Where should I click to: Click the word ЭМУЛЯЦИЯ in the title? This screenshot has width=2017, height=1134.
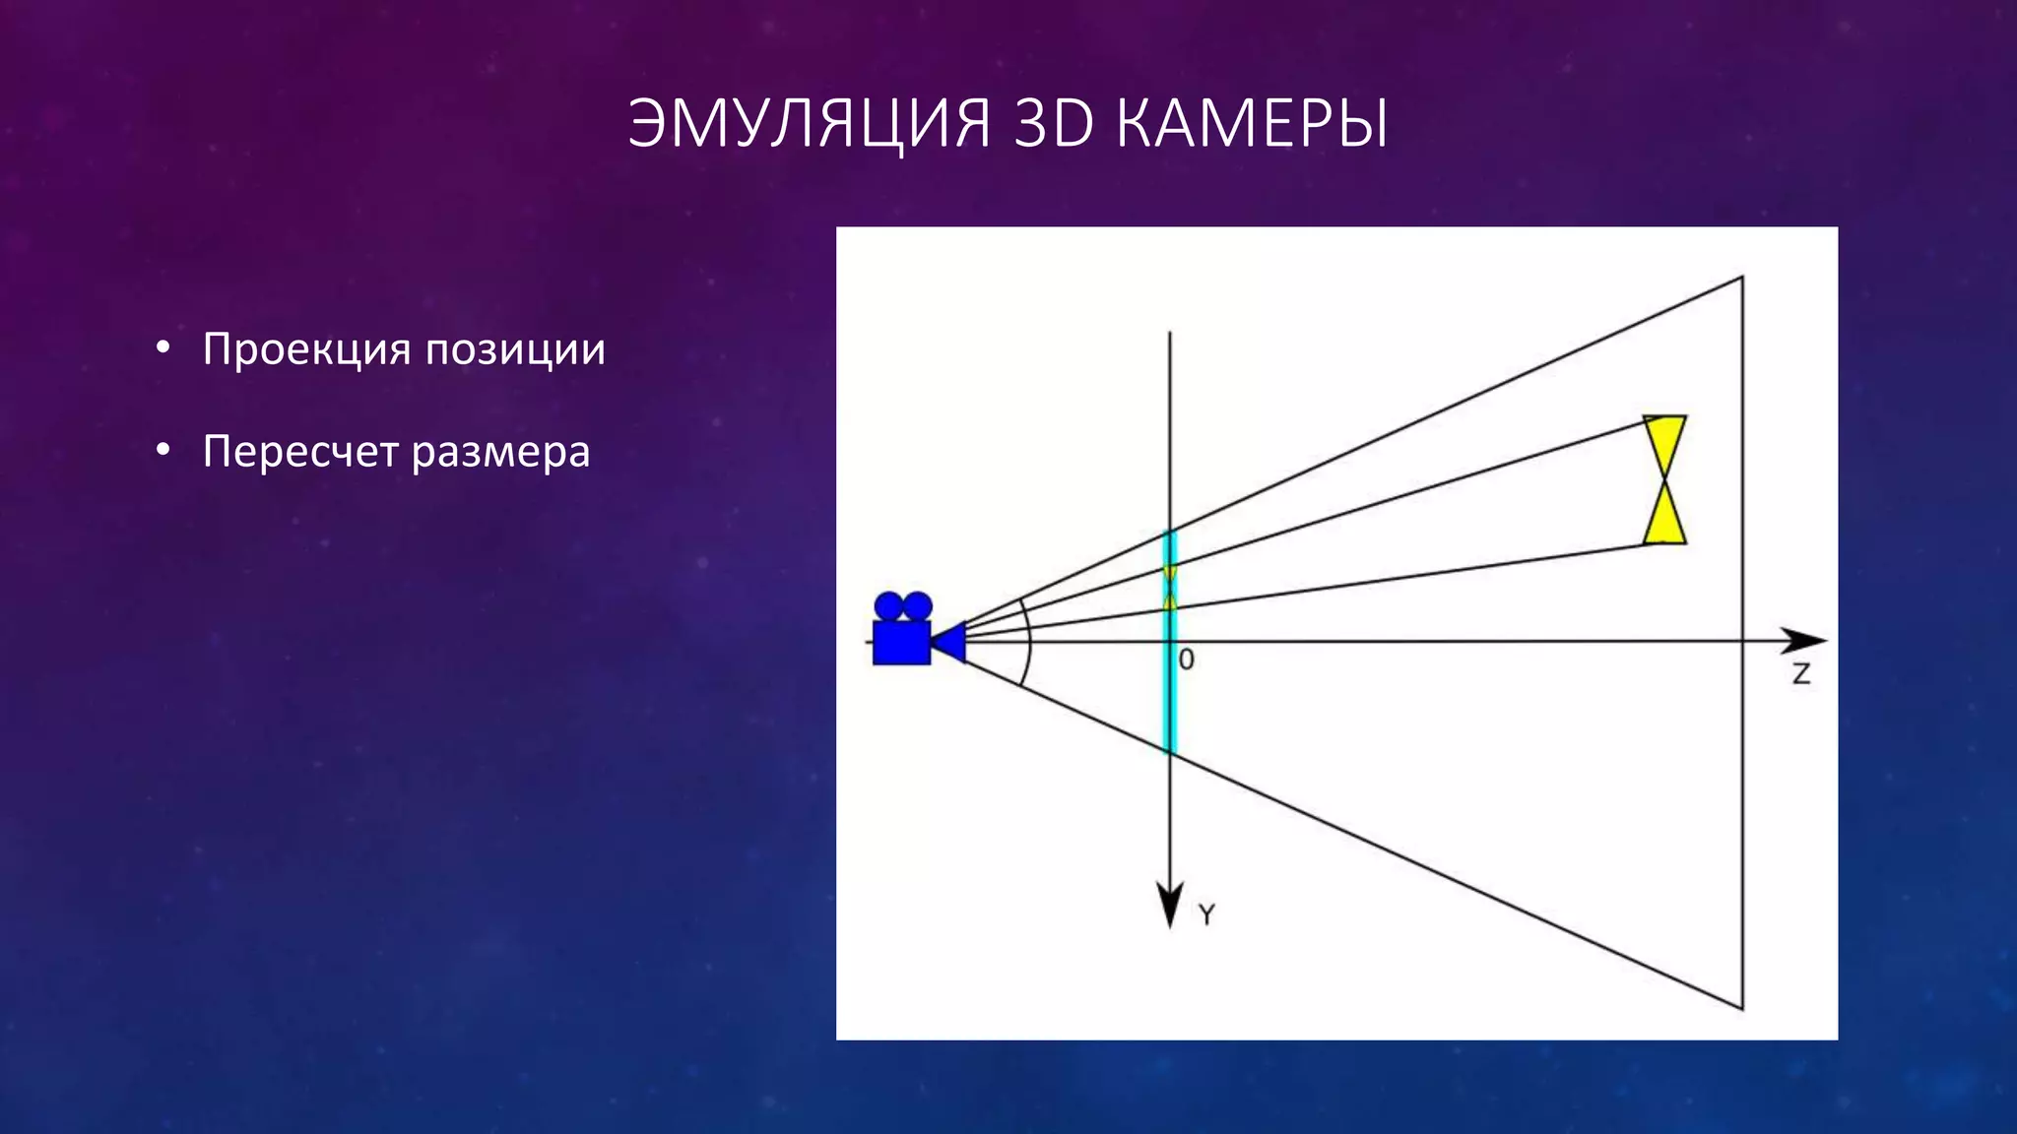click(x=809, y=124)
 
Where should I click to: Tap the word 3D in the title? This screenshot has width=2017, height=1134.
click(x=1053, y=124)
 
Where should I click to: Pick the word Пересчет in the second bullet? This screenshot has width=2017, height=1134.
click(x=299, y=452)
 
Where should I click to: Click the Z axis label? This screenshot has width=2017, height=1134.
click(x=1800, y=674)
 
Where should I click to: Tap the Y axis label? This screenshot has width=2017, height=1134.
click(x=1206, y=914)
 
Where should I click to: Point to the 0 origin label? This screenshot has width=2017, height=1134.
click(x=1187, y=661)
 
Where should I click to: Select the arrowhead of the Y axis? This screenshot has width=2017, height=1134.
click(x=1169, y=905)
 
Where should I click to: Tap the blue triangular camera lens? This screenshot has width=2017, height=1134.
click(x=950, y=642)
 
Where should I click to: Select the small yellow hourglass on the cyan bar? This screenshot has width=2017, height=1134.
click(x=1170, y=587)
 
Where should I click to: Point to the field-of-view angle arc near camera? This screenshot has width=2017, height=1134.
click(x=1027, y=641)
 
